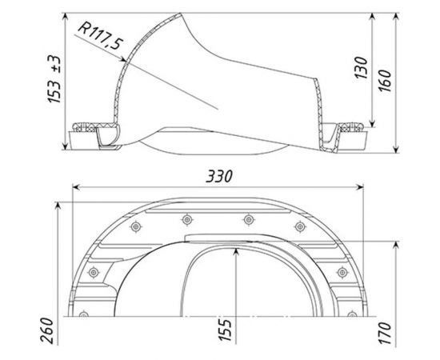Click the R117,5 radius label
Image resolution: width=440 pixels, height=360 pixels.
click(x=100, y=36)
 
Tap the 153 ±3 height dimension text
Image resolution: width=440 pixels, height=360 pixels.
click(x=54, y=79)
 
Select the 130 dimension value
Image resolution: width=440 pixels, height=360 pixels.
click(x=361, y=68)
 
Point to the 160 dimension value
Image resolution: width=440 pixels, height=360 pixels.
click(x=385, y=80)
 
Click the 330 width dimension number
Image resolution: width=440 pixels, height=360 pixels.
click(x=219, y=177)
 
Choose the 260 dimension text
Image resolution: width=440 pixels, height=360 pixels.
click(x=47, y=330)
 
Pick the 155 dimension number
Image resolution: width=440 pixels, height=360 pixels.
click(x=226, y=330)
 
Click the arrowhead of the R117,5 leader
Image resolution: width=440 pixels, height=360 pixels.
click(x=122, y=59)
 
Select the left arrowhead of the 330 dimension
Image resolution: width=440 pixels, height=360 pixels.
click(x=76, y=187)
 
